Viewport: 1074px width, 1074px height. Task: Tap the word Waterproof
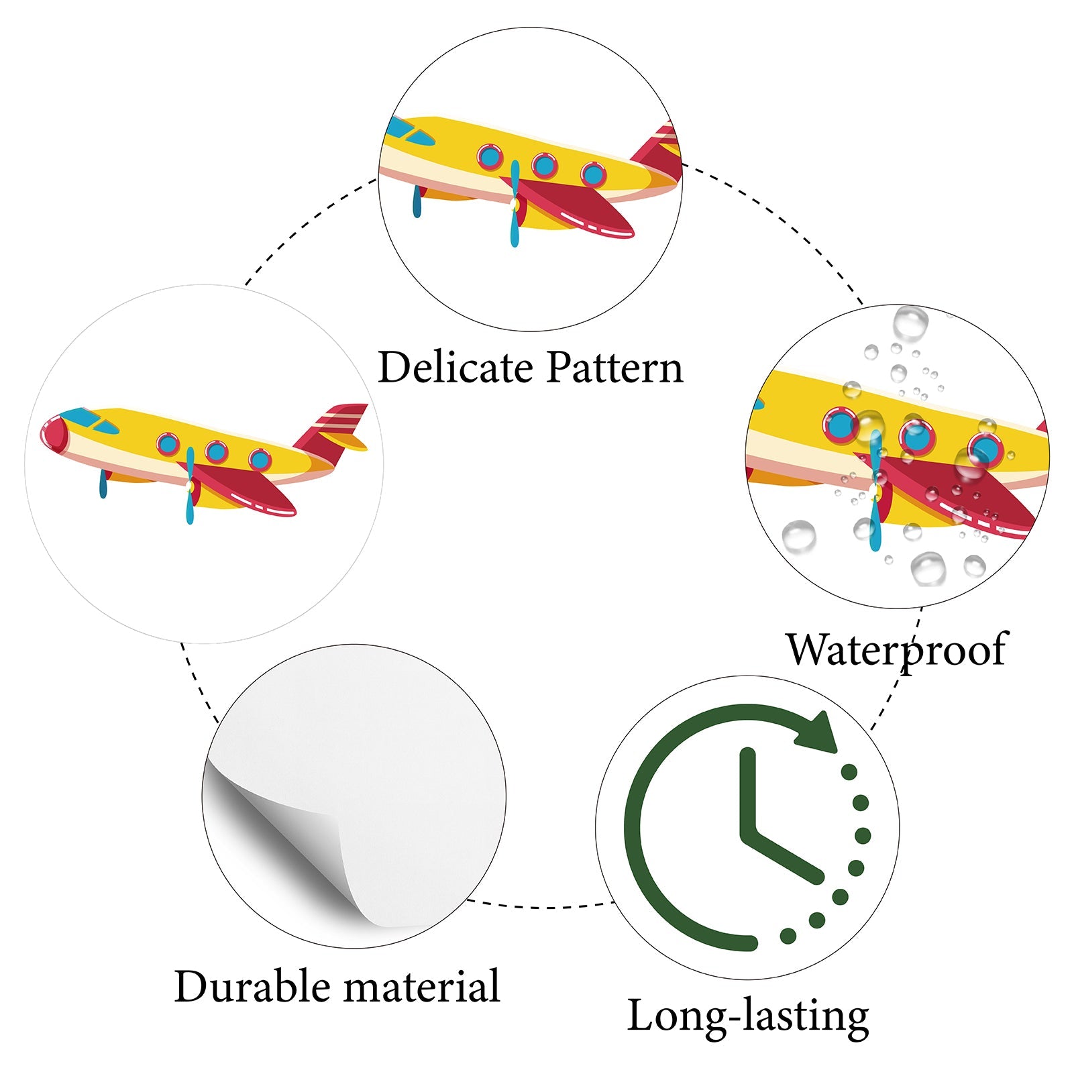(x=897, y=649)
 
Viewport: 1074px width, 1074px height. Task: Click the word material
(x=422, y=986)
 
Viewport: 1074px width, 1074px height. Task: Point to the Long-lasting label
(x=748, y=1016)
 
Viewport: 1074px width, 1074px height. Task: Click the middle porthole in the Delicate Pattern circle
(x=544, y=164)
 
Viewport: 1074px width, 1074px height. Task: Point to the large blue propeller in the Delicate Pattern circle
(x=515, y=201)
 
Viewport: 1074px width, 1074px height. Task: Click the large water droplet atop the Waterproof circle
(x=910, y=324)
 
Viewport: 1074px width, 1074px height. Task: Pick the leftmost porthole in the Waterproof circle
(x=840, y=425)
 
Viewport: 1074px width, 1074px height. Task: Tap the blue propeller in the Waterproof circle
(x=875, y=490)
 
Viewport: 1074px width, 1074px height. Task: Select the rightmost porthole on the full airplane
(x=260, y=460)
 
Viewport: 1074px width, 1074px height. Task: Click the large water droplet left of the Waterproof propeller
(x=799, y=536)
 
